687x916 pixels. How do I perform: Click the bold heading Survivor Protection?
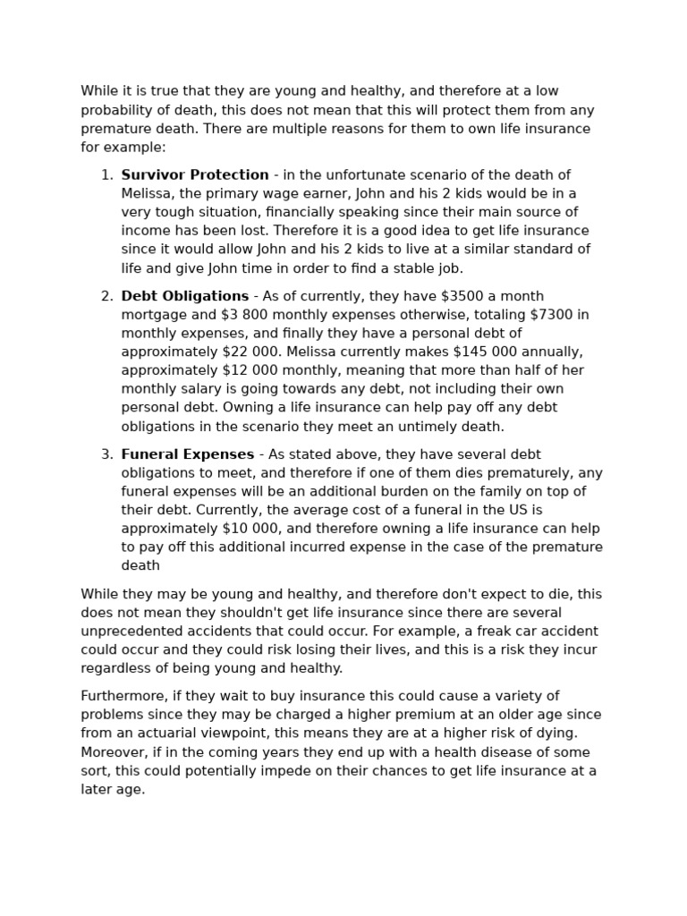(194, 175)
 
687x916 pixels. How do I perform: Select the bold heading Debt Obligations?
(184, 296)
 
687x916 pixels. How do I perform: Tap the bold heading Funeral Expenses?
(187, 454)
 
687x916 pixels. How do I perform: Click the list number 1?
(106, 175)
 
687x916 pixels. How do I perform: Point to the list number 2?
(106, 296)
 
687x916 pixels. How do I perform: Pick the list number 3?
(106, 454)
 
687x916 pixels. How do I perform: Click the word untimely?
(399, 427)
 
